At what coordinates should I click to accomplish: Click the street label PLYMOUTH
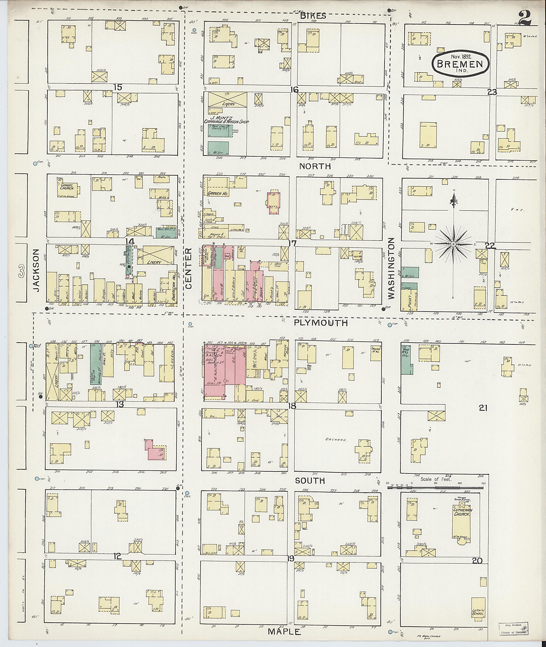coord(321,323)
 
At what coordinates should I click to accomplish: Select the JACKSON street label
coord(37,271)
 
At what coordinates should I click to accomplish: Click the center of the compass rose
coord(453,244)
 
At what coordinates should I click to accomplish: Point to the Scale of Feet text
coord(436,480)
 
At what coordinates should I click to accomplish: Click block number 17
coord(292,243)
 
